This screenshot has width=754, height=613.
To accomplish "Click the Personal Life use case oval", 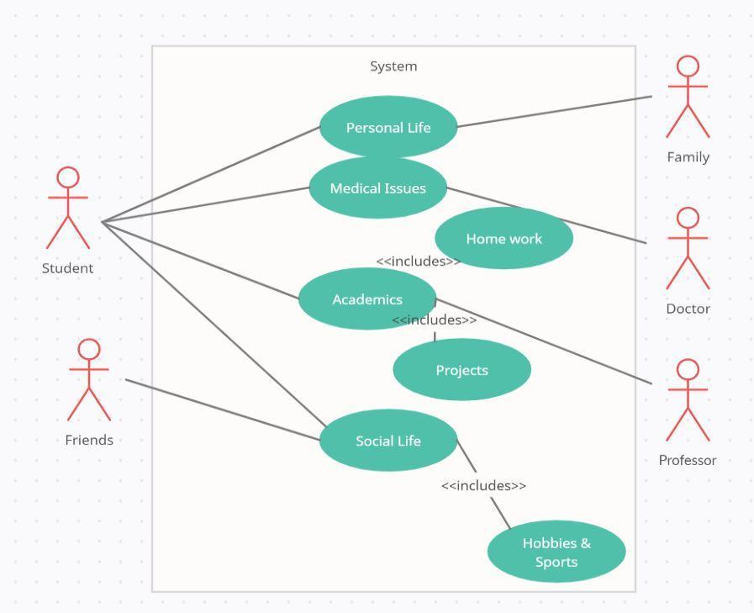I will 388,128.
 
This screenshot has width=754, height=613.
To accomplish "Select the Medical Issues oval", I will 377,188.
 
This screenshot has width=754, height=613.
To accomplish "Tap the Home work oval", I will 504,239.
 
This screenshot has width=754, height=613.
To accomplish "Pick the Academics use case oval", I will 367,299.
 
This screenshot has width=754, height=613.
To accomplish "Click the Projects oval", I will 461,370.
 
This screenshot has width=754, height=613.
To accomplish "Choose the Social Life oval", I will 388,441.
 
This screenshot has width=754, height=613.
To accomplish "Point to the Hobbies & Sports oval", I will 556,552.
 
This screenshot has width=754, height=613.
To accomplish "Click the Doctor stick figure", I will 688,249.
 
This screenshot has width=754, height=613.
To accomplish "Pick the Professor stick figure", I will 688,400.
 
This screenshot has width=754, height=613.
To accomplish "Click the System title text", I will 393,66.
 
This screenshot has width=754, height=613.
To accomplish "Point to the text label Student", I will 68,268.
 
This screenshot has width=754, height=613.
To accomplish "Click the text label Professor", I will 688,460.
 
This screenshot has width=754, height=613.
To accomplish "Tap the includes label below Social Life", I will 483,485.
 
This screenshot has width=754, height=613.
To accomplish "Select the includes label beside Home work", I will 418,261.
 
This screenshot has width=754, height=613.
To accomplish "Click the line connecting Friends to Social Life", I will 223,410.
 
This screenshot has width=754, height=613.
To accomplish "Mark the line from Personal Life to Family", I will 555,112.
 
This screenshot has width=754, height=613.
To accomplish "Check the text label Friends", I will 89,440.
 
